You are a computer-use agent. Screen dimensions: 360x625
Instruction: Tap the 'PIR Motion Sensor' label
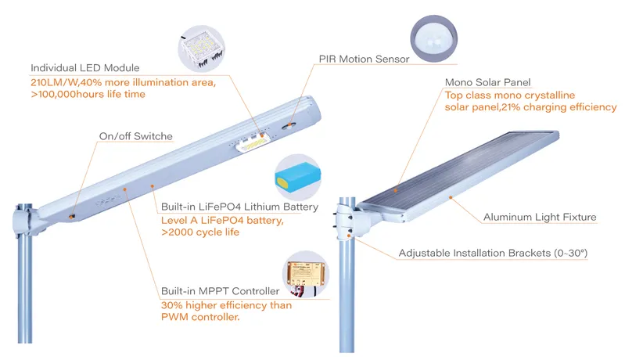[x=365, y=59]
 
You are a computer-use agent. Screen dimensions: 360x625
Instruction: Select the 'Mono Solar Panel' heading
[x=487, y=82]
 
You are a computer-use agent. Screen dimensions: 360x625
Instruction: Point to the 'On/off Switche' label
[x=135, y=136]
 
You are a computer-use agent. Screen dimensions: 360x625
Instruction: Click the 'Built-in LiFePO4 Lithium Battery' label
[x=239, y=207]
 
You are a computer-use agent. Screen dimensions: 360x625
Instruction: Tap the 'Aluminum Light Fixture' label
[x=540, y=217]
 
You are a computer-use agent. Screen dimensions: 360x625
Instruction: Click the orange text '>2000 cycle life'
[x=200, y=233]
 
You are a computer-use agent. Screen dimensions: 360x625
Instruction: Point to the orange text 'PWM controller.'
[x=199, y=318]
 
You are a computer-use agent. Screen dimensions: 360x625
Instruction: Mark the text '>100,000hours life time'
[x=88, y=94]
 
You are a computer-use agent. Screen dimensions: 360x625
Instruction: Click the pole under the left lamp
[x=27, y=290]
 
